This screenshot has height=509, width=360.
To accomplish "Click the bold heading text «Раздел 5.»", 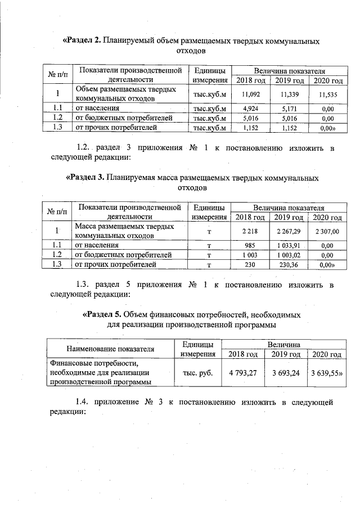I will tap(102, 314).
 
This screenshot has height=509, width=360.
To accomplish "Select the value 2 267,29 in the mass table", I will tap(289, 231).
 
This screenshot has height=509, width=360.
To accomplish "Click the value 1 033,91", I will tap(289, 245).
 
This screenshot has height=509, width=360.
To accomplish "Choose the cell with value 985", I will tap(250, 245).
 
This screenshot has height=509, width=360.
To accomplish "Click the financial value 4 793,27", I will tap(242, 372).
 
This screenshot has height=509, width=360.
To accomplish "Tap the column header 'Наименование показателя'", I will tap(110, 349).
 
